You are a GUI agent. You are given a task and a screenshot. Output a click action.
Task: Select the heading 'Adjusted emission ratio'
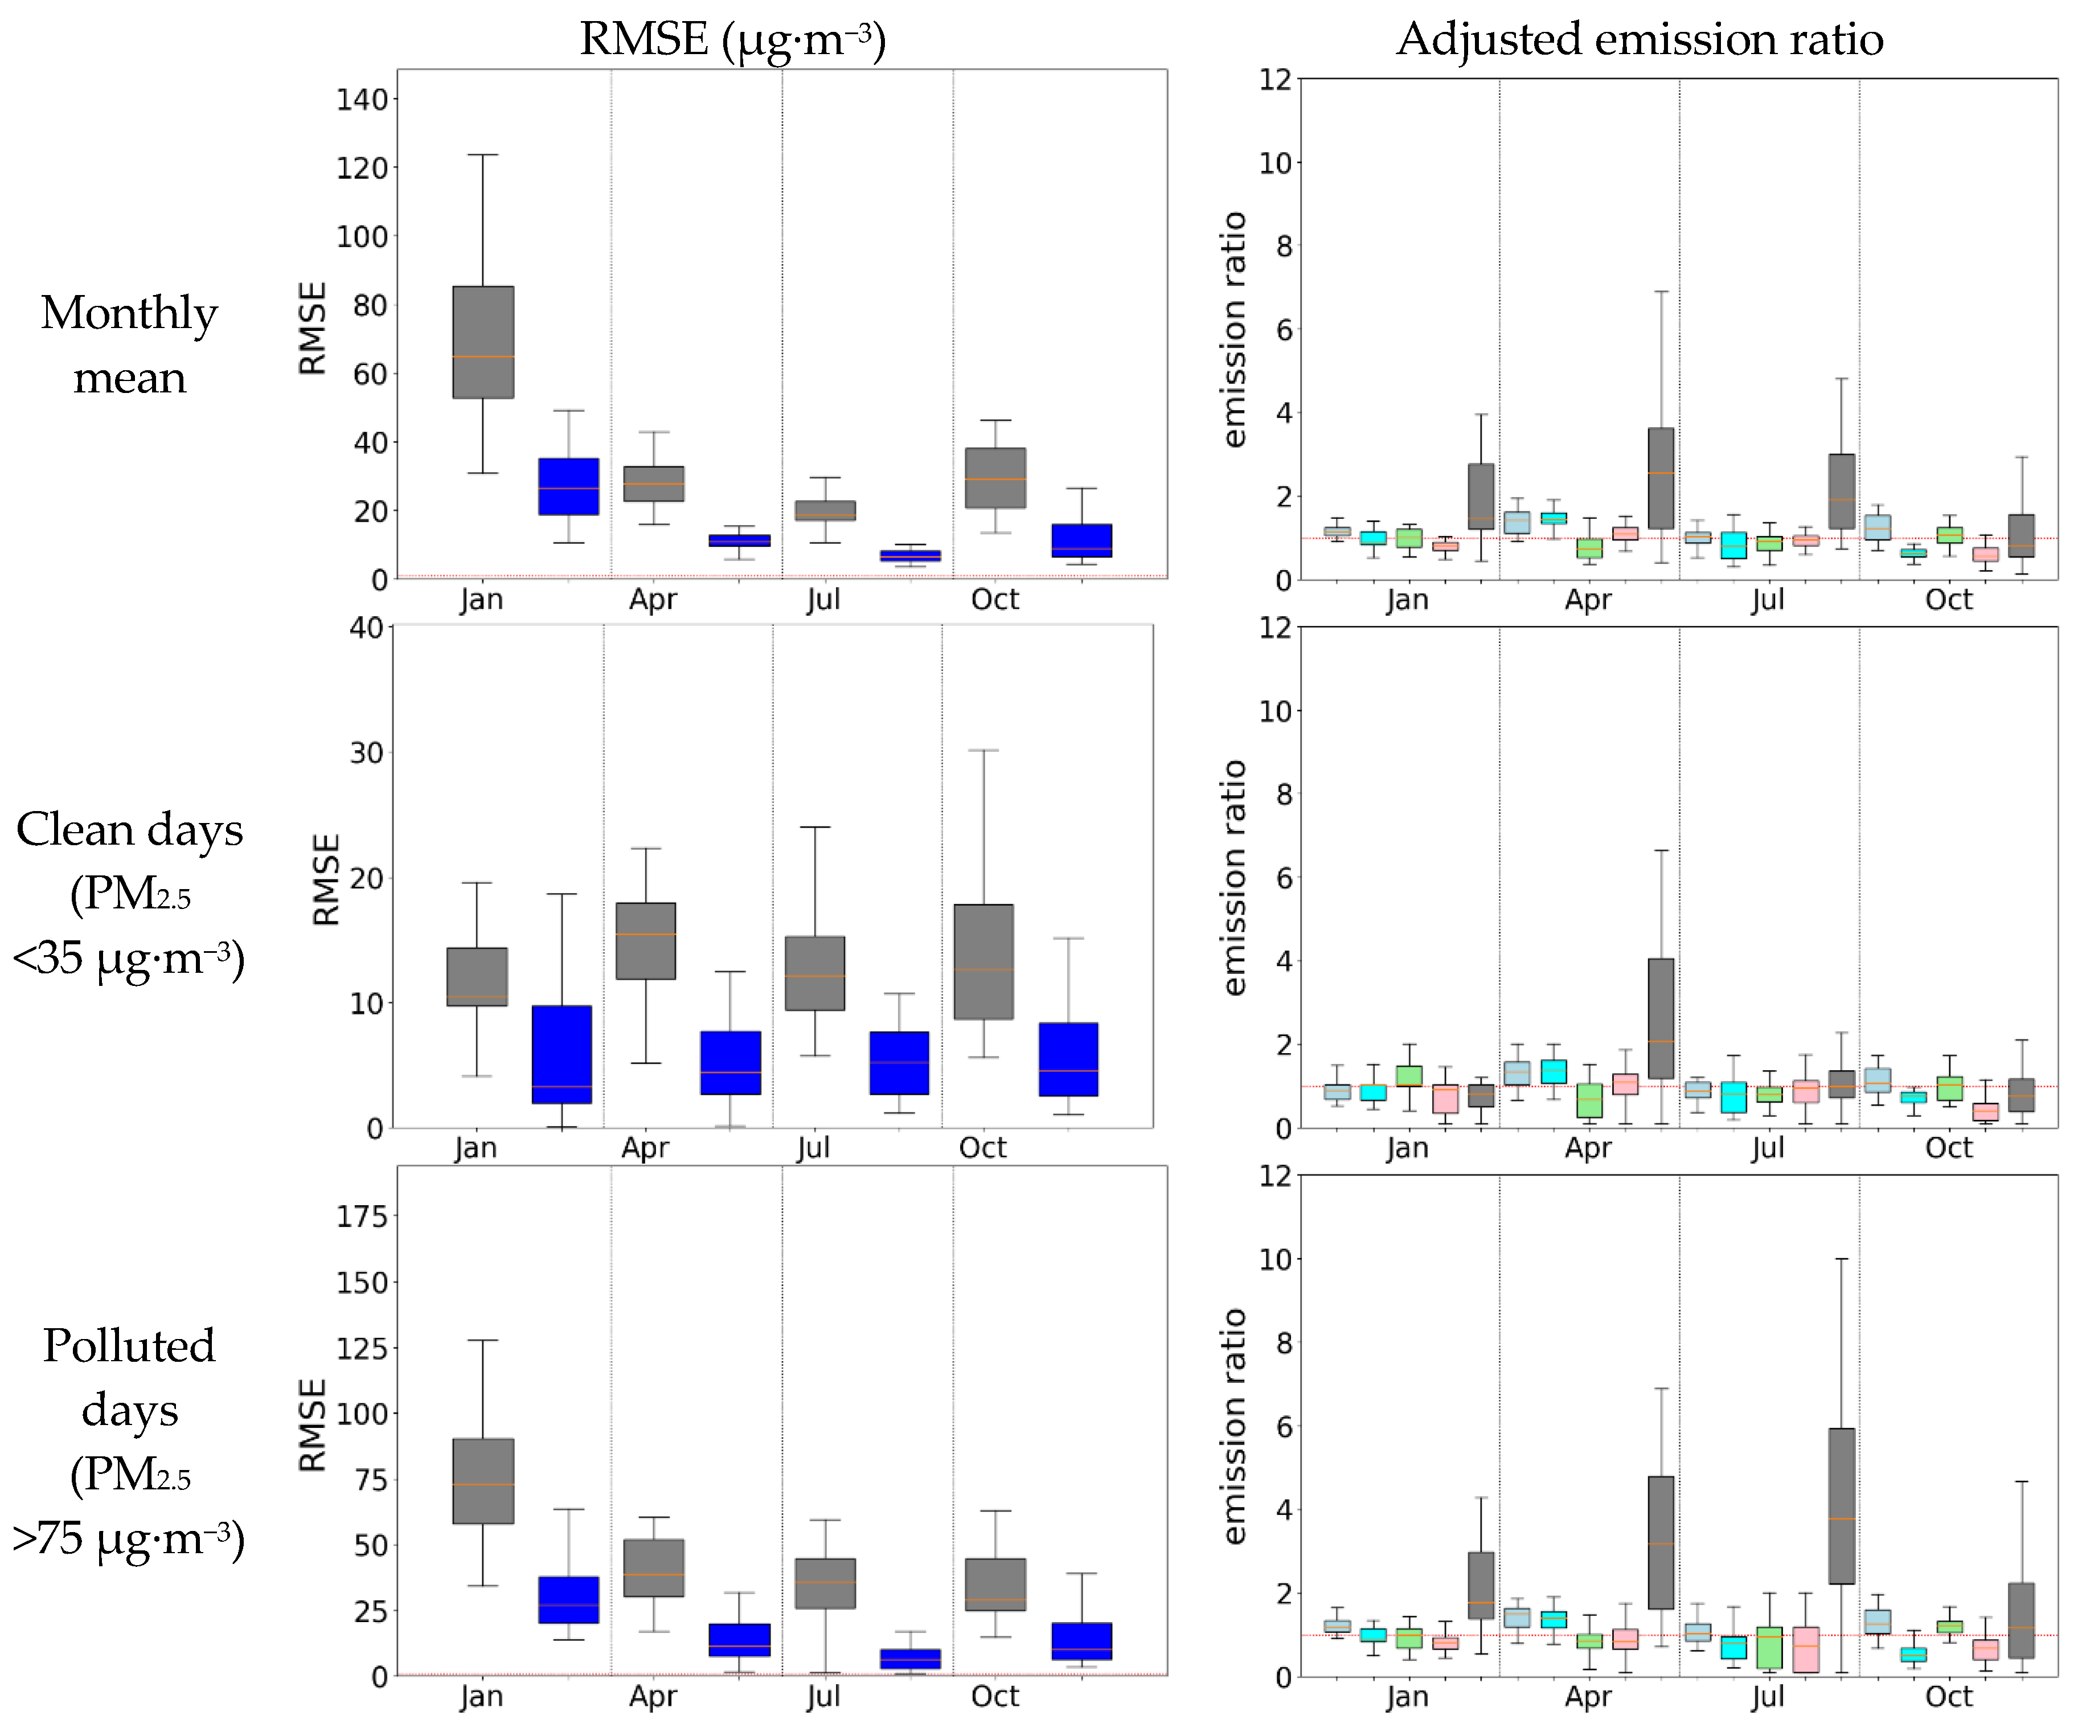1640,40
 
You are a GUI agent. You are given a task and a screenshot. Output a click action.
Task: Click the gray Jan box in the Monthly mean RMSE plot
483,342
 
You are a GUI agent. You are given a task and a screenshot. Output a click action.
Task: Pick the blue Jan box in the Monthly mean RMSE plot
568,486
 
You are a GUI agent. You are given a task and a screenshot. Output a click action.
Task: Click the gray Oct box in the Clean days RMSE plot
983,961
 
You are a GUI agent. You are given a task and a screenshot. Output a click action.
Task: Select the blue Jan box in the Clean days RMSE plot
562,1054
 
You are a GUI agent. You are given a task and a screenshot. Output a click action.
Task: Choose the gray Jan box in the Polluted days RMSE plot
483,1481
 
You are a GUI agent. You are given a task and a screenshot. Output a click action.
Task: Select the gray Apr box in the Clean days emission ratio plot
1661,1017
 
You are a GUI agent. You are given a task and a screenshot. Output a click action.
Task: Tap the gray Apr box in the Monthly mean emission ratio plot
1661,478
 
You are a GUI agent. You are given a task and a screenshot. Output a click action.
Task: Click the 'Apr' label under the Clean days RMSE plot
645,1148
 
